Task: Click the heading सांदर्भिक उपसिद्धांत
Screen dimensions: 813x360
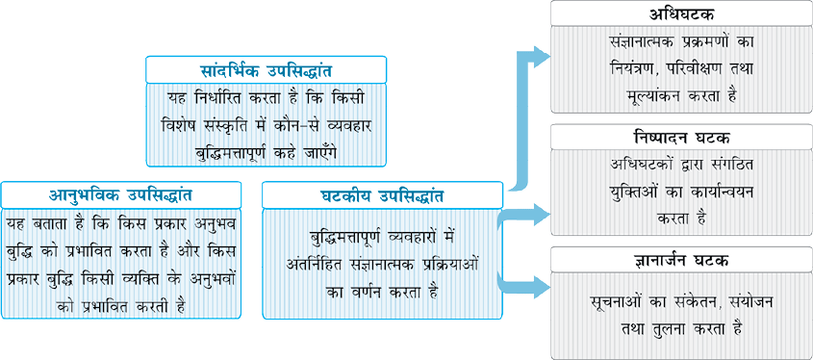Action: point(266,70)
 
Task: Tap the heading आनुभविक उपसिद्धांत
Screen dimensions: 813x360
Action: point(121,195)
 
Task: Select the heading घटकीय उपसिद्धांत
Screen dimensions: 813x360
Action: point(382,195)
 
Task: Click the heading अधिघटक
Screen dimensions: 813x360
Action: point(681,14)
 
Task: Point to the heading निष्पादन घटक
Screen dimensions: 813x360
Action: point(681,139)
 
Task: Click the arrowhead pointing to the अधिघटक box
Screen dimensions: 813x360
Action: point(541,56)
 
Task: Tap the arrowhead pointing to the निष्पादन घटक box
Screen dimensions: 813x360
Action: point(541,214)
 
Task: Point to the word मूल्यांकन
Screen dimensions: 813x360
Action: point(656,96)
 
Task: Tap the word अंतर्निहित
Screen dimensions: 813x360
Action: point(317,265)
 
